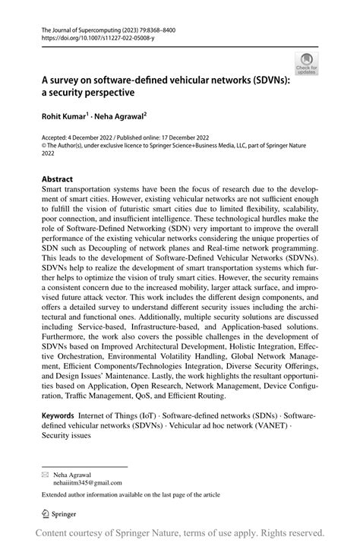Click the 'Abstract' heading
(57, 180)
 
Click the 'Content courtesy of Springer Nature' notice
(179, 533)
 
